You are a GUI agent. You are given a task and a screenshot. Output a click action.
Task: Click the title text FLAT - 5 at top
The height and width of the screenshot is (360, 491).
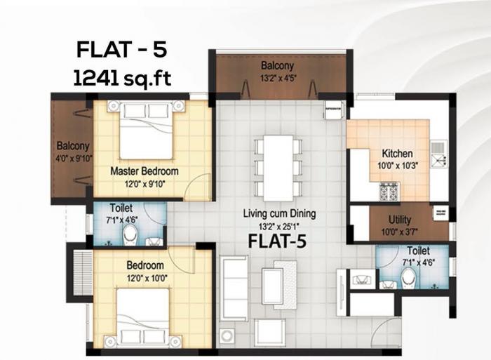coord(121,51)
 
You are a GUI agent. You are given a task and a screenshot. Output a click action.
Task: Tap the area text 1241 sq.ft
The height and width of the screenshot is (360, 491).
coord(122,78)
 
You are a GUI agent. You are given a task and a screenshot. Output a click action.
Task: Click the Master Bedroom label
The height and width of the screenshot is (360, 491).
coord(144,171)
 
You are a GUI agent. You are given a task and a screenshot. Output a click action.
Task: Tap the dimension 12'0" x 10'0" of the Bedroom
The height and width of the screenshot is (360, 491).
coord(145,277)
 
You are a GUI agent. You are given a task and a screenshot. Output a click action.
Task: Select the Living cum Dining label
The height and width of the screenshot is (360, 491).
coord(279,213)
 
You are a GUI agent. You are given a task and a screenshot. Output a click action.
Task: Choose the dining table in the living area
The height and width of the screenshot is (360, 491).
coord(278,167)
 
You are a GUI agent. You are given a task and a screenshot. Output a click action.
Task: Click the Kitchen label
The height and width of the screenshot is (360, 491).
coord(397,154)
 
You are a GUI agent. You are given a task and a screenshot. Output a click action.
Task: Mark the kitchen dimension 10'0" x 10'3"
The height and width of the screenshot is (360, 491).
coord(397,166)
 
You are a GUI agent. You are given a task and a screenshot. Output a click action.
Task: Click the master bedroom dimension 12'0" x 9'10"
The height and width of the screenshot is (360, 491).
coord(144,183)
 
